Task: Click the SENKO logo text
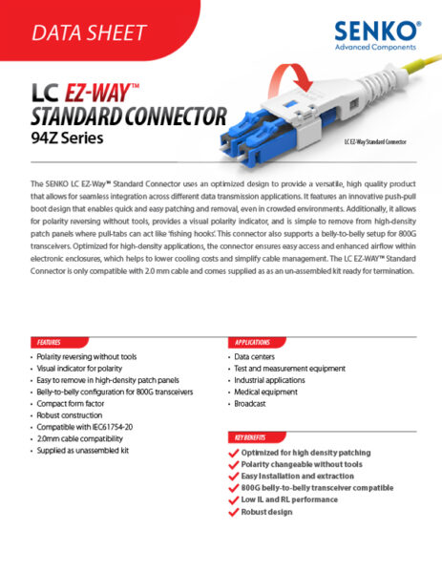378,31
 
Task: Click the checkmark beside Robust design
234,511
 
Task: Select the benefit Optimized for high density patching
305,453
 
